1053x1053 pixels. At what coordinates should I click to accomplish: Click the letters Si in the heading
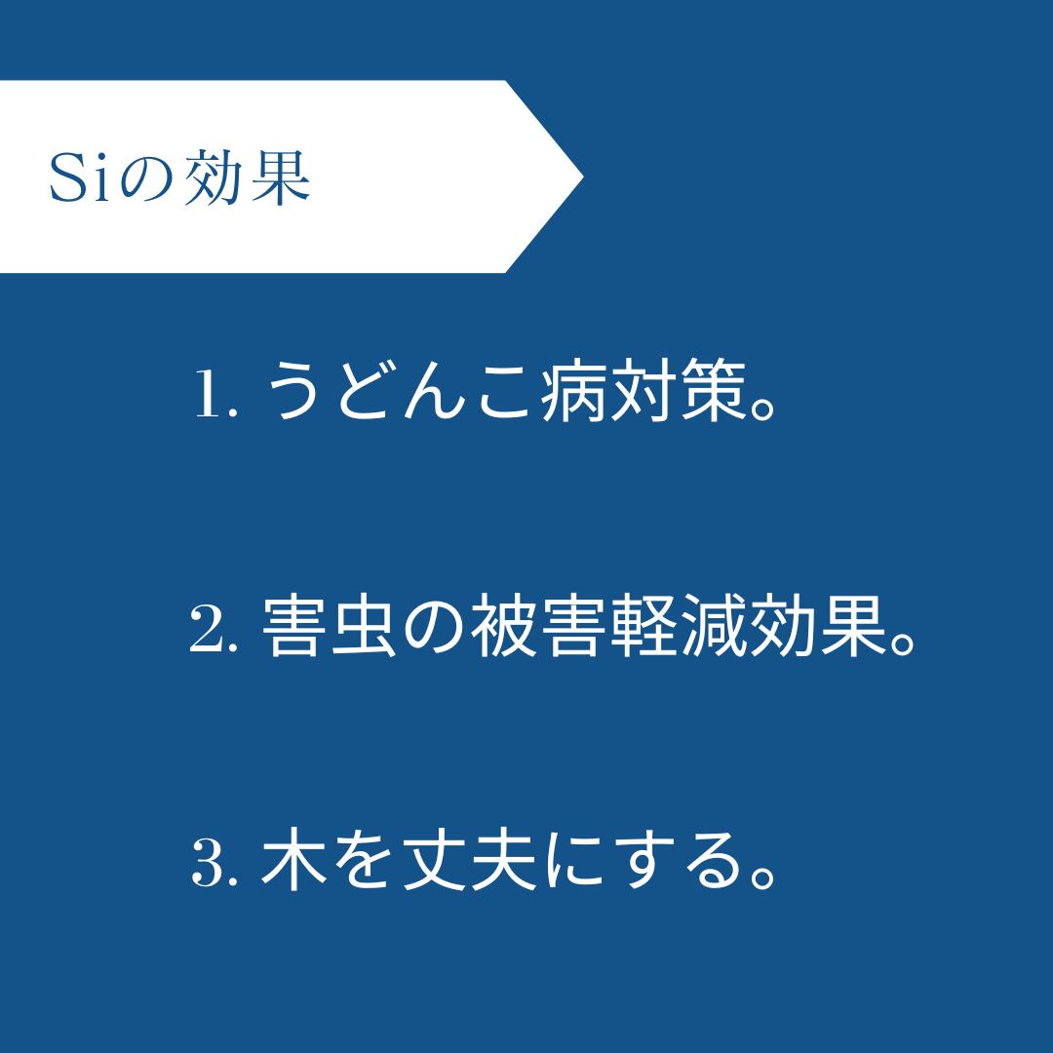pos(79,177)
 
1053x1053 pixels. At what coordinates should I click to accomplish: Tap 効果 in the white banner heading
pos(247,176)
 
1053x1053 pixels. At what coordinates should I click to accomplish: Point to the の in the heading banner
pos(146,180)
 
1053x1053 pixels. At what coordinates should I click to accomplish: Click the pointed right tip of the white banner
pos(583,176)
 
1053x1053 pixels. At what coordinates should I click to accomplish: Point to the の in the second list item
pos(433,627)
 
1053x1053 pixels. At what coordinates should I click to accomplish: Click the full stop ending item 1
pos(762,407)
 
